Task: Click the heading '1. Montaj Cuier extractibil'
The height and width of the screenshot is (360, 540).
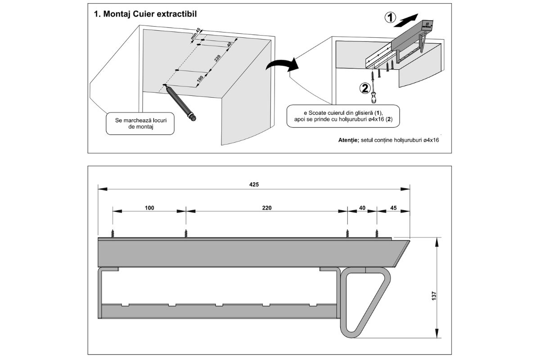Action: pos(145,14)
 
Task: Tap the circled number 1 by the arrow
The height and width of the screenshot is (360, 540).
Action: pos(390,18)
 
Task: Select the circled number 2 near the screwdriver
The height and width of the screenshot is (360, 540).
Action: pos(365,88)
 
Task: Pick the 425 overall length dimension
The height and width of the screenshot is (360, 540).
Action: pos(254,184)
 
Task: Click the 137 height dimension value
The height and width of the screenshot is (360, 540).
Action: pos(434,296)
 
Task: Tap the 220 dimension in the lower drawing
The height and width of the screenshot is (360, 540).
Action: pos(266,208)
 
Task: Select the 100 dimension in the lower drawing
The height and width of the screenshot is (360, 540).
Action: pos(149,208)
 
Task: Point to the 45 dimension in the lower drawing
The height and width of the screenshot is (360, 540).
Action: pos(393,208)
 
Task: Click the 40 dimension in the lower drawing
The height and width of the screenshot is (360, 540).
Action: pos(362,208)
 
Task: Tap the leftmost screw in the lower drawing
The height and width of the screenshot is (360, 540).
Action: pos(113,233)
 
